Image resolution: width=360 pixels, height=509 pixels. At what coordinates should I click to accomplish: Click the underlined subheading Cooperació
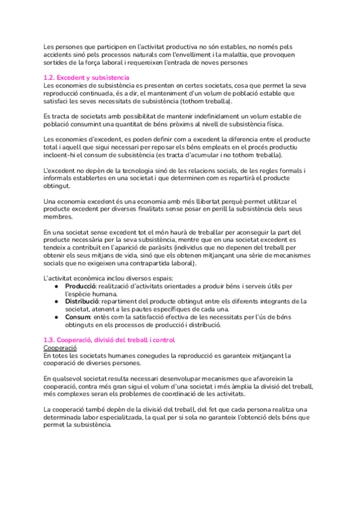(60, 348)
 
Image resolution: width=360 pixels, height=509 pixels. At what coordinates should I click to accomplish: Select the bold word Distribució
(83, 301)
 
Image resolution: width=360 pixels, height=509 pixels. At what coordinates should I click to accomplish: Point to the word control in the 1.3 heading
(162, 340)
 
